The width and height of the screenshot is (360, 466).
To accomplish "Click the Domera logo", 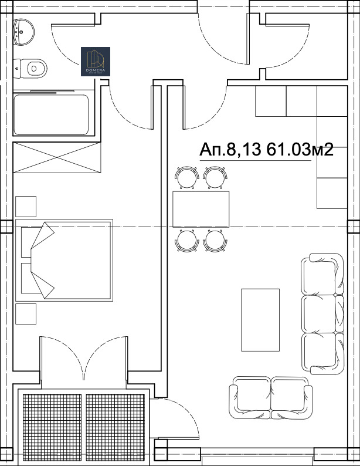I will click(x=96, y=62).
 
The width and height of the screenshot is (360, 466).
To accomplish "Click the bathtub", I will click(x=51, y=114).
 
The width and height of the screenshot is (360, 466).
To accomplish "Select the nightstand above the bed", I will click(x=26, y=207).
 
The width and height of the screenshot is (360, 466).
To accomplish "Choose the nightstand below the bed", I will click(x=26, y=314).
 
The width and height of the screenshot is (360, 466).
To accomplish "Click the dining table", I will click(x=201, y=208).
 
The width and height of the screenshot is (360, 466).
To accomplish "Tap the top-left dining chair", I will click(x=186, y=177).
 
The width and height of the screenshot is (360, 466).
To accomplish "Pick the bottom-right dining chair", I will click(x=215, y=240).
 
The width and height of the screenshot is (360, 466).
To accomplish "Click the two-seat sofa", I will click(x=271, y=398).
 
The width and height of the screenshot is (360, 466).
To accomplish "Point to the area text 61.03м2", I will click(x=300, y=150).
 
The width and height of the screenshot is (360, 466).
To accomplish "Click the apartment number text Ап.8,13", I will click(x=231, y=150).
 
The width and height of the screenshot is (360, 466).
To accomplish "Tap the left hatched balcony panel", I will click(x=53, y=427).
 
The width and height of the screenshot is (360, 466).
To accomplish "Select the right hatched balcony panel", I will click(x=115, y=427).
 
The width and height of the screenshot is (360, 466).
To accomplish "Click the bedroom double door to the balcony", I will click(x=83, y=361).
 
